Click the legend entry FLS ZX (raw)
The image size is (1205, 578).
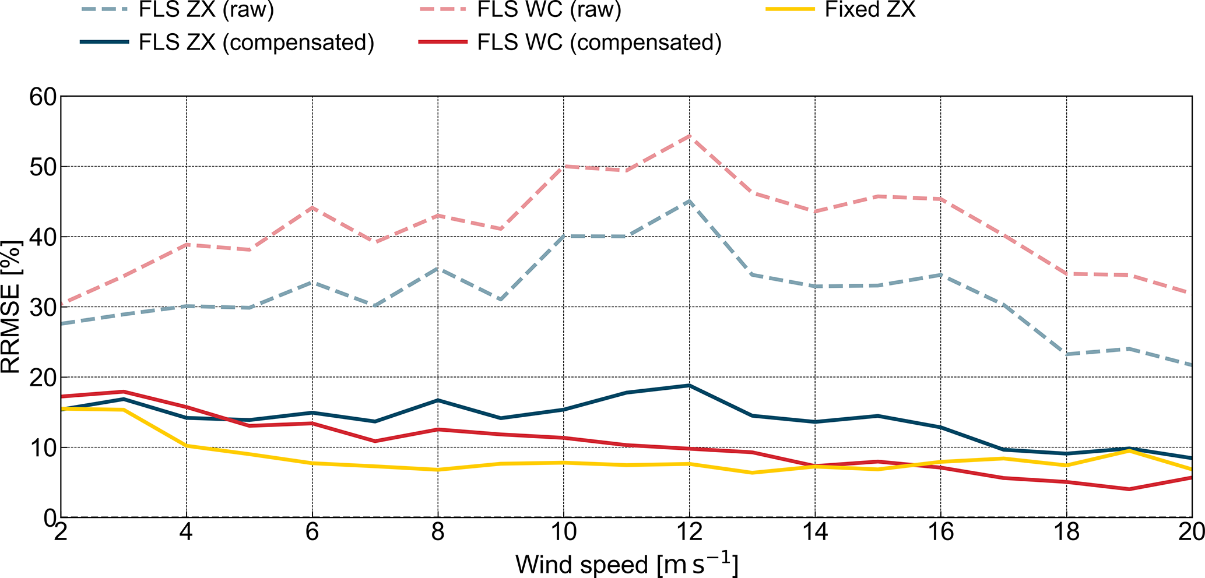(x=206, y=10)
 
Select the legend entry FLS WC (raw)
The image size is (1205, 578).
(x=549, y=10)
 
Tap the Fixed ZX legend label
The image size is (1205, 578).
(x=870, y=10)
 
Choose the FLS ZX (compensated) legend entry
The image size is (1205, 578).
(x=256, y=43)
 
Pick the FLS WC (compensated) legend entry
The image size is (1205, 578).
(x=599, y=43)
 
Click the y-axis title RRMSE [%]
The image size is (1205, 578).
(x=12, y=306)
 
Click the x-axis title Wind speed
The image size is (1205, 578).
(x=626, y=564)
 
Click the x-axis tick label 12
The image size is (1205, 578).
(x=689, y=532)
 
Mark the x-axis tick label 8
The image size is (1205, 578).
(x=438, y=532)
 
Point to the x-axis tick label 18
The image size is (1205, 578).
(x=1066, y=532)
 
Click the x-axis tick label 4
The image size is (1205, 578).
(x=187, y=532)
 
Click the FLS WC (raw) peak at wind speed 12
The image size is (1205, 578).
(x=690, y=136)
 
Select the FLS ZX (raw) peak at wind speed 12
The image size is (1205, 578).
(x=690, y=201)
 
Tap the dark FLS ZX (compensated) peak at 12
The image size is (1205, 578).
(x=690, y=385)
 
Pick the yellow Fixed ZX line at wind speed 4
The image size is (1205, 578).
(x=187, y=446)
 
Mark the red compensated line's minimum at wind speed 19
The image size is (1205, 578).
(x=1129, y=489)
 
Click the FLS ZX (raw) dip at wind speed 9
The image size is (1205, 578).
(x=501, y=299)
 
